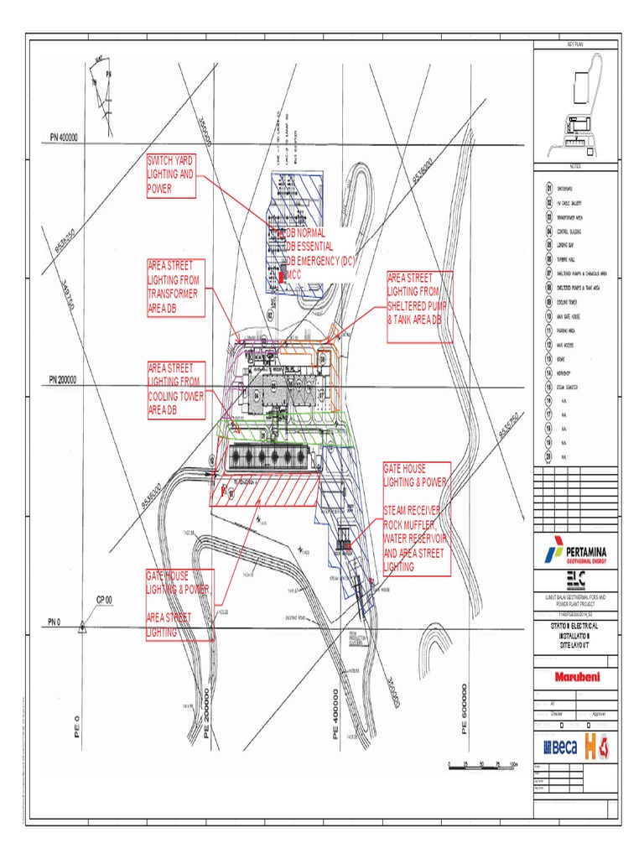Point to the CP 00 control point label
click(104, 601)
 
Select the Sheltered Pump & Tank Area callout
click(419, 307)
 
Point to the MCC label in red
click(293, 273)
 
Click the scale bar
click(482, 764)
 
